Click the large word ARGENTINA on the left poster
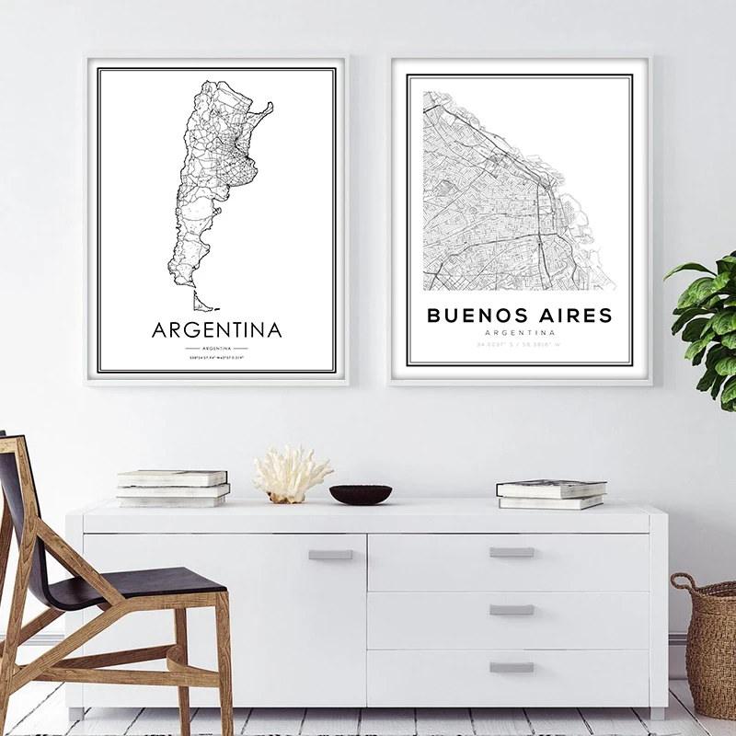216,329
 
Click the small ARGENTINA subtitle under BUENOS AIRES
519,333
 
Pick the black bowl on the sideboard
361,494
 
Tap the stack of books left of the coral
172,489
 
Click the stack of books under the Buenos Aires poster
551,493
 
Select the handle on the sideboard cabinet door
330,555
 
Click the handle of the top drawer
512,552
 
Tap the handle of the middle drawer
512,609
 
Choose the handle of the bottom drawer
512,667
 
